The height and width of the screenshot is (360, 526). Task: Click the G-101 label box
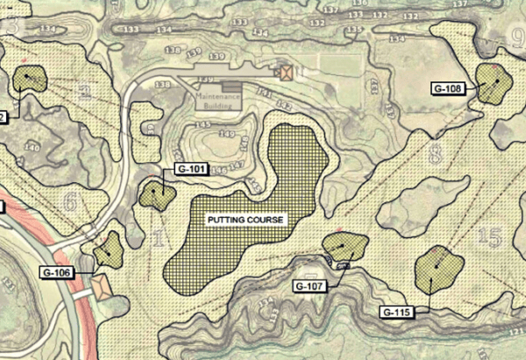(190, 169)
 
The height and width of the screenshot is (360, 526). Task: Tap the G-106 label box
(55, 272)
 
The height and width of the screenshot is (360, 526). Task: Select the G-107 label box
(310, 286)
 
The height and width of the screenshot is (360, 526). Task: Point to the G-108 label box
(448, 88)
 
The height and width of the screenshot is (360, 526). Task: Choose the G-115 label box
(398, 312)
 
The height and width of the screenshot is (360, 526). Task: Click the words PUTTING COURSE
(245, 219)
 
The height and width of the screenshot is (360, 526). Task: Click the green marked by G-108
(494, 81)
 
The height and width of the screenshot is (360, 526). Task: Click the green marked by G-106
(110, 250)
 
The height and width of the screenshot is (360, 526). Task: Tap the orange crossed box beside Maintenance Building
(283, 73)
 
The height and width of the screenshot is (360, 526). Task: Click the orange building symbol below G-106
(102, 288)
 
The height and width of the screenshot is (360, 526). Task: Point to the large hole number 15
(492, 236)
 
